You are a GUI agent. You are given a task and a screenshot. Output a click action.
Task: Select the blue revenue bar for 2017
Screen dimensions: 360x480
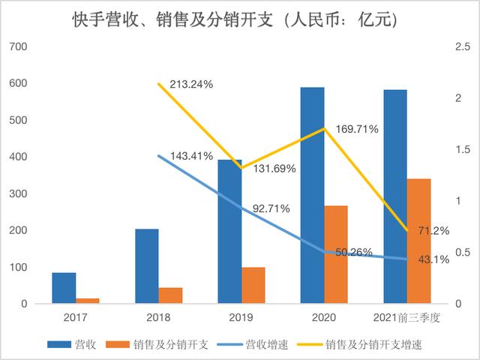pyautogui.click(x=64, y=288)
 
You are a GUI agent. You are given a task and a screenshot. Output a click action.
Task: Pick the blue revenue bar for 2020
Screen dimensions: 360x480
pyautogui.click(x=312, y=195)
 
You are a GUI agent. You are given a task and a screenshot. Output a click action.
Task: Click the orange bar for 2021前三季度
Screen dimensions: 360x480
pyautogui.click(x=419, y=241)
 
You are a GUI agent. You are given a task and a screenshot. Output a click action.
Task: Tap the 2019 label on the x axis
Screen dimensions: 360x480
pyautogui.click(x=241, y=318)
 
